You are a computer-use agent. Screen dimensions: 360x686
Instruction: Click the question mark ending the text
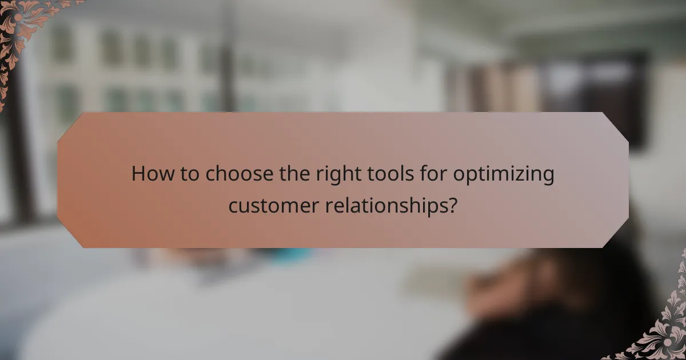[452, 205]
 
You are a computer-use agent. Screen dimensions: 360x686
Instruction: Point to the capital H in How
[138, 174]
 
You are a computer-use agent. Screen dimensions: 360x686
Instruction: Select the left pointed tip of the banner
[58, 180]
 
